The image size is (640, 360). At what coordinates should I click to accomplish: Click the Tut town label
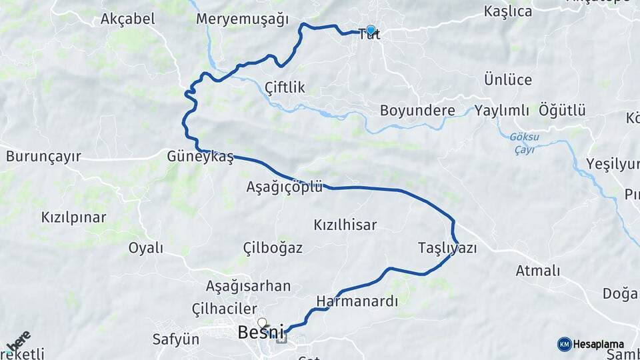369,35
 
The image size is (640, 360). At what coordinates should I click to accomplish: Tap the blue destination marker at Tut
371,30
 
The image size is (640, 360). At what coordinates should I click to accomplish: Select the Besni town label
261,331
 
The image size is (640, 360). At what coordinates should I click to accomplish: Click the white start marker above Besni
262,322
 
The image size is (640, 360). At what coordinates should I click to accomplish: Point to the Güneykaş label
201,157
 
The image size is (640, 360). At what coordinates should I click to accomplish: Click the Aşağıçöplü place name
284,187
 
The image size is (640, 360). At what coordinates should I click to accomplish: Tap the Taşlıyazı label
447,248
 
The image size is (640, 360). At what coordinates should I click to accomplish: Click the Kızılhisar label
345,225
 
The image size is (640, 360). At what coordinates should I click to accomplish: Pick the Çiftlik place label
285,87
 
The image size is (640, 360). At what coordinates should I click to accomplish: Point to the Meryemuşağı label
242,19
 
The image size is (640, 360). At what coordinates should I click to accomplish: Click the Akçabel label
128,19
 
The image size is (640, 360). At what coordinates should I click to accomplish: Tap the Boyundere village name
417,111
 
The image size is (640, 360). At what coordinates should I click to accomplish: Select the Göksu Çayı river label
523,143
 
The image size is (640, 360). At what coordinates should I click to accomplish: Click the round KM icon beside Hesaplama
564,344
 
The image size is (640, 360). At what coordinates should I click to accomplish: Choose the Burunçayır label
43,157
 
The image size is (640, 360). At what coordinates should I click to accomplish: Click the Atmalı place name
538,271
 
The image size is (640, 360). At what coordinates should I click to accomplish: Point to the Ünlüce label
508,80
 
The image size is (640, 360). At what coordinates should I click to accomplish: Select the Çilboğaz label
273,248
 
